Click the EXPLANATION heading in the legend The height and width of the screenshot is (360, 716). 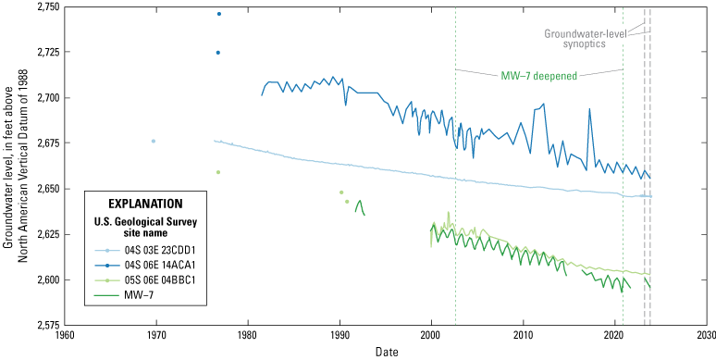143,203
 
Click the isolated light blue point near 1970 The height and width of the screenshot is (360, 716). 154,141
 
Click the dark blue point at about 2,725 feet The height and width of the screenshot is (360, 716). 218,53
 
